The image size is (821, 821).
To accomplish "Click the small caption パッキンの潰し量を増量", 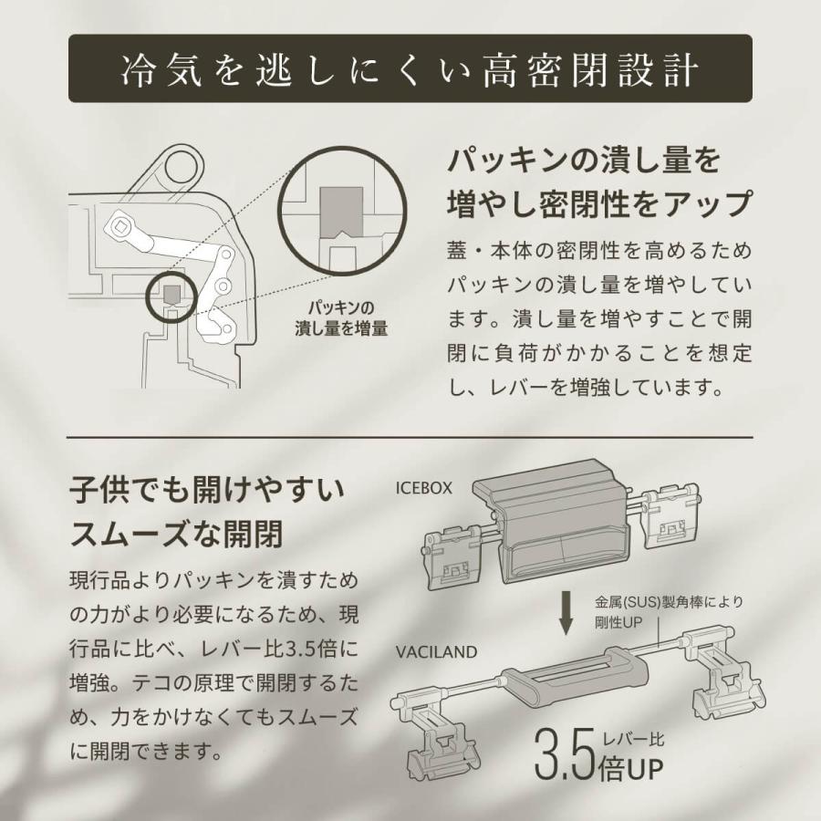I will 341,317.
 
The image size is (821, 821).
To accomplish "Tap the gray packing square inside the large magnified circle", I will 341,218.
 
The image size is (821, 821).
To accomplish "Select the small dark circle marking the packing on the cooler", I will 171,292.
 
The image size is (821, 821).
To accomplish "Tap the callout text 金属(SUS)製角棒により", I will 670,601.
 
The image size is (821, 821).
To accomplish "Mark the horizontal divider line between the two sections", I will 410,438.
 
